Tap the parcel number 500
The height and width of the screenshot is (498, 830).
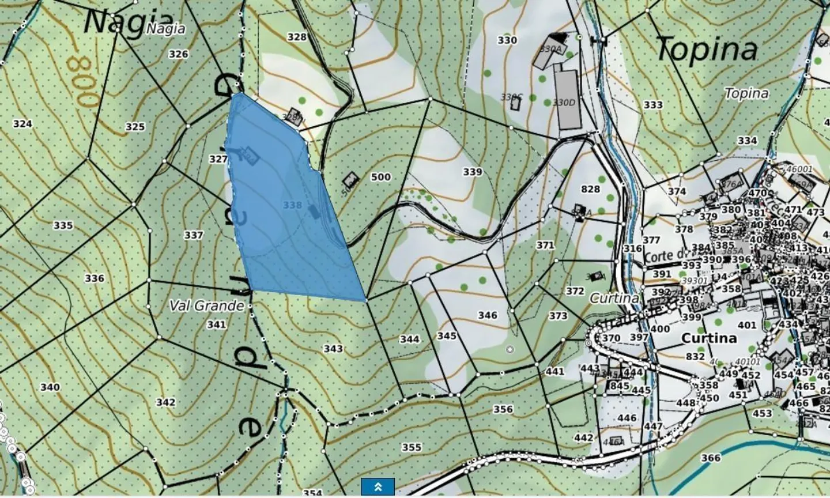(x=380, y=177)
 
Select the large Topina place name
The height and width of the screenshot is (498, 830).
(x=707, y=49)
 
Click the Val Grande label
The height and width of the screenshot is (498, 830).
(x=207, y=305)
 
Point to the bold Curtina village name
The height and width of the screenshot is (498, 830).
(x=709, y=338)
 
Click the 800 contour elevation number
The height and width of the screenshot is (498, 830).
(x=82, y=81)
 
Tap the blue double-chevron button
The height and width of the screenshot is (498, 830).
(x=378, y=486)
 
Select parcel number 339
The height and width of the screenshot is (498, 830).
(x=472, y=172)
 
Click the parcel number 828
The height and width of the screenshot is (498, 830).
(x=590, y=189)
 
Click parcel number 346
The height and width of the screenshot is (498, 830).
(x=488, y=315)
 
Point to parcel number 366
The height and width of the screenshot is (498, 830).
(x=711, y=458)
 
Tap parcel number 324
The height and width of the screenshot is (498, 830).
(x=22, y=124)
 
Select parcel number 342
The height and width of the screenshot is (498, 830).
(x=165, y=402)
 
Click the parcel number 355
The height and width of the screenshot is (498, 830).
(x=412, y=447)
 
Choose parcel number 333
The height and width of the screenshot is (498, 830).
(x=653, y=105)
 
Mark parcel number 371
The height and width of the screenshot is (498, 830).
(x=545, y=245)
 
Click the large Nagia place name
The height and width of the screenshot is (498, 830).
(x=113, y=23)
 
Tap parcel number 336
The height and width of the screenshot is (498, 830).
(x=95, y=278)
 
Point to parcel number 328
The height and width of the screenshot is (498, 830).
(x=297, y=37)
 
